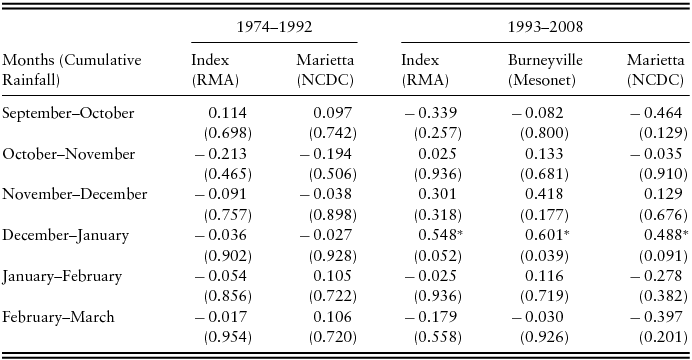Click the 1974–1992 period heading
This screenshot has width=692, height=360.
tap(273, 22)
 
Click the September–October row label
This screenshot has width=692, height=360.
tap(67, 113)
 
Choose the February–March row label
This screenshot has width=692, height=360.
tap(59, 317)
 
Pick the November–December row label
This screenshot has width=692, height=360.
tap(75, 194)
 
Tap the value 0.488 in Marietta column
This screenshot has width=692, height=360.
tap(661, 235)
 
